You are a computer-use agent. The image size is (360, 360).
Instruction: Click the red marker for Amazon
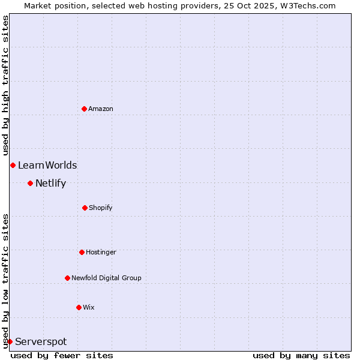(84, 109)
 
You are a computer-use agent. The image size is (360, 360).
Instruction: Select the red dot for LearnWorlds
(13, 165)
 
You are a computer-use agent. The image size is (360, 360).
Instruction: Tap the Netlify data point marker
(30, 183)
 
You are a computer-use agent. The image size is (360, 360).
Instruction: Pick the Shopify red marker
(85, 208)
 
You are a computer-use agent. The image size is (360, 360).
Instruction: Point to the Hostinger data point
(82, 252)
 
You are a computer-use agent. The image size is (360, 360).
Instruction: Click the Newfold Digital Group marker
(67, 278)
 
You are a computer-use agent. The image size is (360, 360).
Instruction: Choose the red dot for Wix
(79, 307)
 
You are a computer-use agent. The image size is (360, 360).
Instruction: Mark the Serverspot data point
(10, 341)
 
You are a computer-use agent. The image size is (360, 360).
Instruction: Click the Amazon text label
(101, 109)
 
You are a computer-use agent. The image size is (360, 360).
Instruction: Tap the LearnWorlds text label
(47, 165)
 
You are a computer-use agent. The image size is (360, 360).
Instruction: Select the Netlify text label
(50, 183)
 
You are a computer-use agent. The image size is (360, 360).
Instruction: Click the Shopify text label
(101, 208)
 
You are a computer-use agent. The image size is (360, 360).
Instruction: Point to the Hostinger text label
(101, 252)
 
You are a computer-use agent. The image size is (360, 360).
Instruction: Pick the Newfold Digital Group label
(106, 278)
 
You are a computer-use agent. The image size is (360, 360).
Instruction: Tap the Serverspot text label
(41, 341)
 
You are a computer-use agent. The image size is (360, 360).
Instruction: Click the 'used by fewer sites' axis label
(62, 355)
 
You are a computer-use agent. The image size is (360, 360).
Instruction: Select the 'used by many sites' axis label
(301, 355)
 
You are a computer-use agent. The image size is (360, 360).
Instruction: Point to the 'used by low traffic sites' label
(5, 280)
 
